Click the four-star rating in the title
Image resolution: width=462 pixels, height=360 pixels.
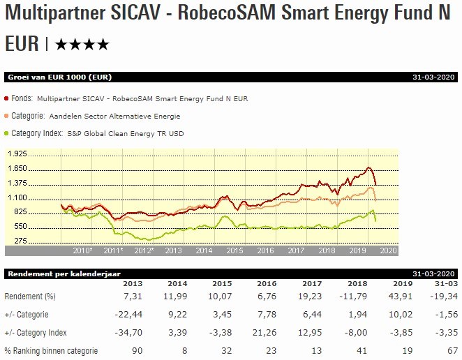coord(82,45)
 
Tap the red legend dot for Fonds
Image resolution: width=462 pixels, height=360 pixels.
coord(7,99)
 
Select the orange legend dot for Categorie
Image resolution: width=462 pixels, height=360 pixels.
coord(7,116)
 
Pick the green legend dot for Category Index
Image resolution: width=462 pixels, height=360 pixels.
coord(7,133)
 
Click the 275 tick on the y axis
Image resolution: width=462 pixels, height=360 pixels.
coord(20,241)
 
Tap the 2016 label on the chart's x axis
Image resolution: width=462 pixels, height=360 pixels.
coord(265,250)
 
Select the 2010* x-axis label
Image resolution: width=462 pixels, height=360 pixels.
coord(83,250)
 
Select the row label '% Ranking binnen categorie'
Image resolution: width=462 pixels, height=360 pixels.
coord(51,350)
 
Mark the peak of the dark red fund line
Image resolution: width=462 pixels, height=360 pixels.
coord(368,167)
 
